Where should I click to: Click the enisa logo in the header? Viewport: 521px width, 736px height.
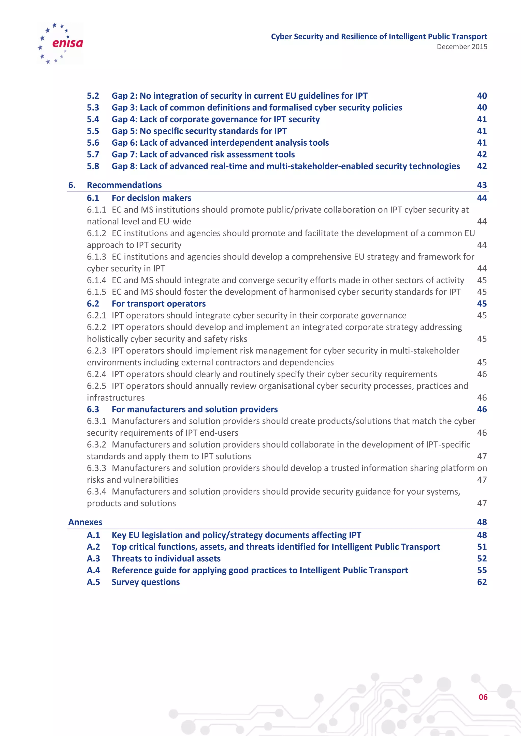61,43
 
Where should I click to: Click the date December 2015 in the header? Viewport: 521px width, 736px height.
462,47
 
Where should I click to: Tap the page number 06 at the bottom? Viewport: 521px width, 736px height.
483,697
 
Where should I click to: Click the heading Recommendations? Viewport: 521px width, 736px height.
124,185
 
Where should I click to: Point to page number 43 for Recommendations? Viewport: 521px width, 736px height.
482,185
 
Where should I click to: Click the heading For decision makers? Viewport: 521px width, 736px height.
151,198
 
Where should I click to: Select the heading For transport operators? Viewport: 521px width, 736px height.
158,303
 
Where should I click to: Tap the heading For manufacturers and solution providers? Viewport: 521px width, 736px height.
194,409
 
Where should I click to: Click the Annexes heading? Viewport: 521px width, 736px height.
85,522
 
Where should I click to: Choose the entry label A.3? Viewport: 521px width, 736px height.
93,558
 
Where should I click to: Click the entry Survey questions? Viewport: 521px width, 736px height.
146,582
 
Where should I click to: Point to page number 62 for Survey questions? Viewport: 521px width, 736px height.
482,582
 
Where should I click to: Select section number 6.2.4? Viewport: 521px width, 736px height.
96,374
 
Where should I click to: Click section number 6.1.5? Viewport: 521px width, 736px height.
96,292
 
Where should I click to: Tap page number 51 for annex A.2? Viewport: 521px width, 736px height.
482,547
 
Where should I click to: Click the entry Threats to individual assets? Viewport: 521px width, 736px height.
166,558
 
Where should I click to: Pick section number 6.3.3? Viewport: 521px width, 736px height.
96,468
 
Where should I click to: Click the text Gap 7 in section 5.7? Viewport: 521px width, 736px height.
124,155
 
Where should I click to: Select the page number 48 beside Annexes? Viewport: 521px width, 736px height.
482,522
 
